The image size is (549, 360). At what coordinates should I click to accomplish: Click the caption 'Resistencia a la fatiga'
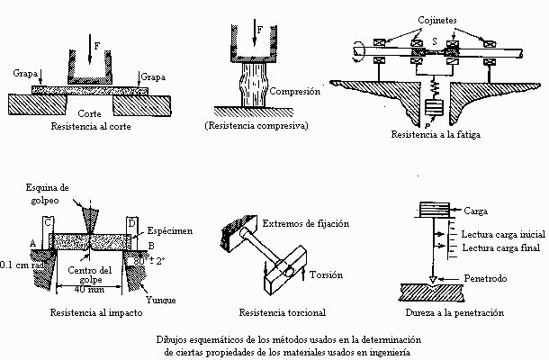coord(433,135)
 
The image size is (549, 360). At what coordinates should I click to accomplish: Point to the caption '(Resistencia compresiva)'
coord(256,126)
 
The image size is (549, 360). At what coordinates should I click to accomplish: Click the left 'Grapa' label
coord(24,71)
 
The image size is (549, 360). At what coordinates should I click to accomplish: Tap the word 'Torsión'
coord(328,271)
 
